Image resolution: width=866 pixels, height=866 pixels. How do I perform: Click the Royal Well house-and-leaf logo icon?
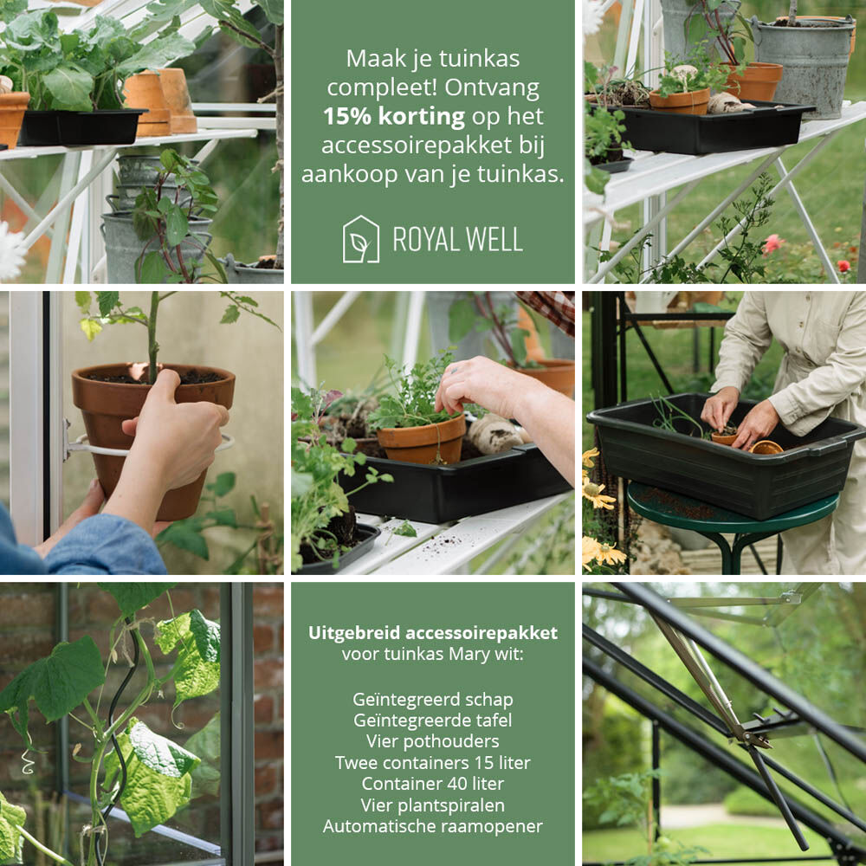pos(360,239)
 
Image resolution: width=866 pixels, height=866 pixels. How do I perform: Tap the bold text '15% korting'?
pos(394,117)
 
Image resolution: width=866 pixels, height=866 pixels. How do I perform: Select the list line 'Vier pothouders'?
pos(432,741)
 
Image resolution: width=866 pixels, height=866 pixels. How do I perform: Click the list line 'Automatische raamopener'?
pos(432,826)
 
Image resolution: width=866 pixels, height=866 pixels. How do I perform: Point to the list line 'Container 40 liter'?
pos(432,784)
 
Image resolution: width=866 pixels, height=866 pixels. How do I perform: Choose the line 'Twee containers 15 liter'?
pos(432,763)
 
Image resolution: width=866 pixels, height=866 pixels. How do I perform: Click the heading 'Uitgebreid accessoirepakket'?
pos(432,633)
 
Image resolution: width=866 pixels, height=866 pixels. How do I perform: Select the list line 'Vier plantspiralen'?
pos(432,805)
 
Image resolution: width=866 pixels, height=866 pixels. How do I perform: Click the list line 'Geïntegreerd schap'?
pos(432,700)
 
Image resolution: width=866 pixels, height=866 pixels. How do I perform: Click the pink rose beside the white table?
pos(772,244)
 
